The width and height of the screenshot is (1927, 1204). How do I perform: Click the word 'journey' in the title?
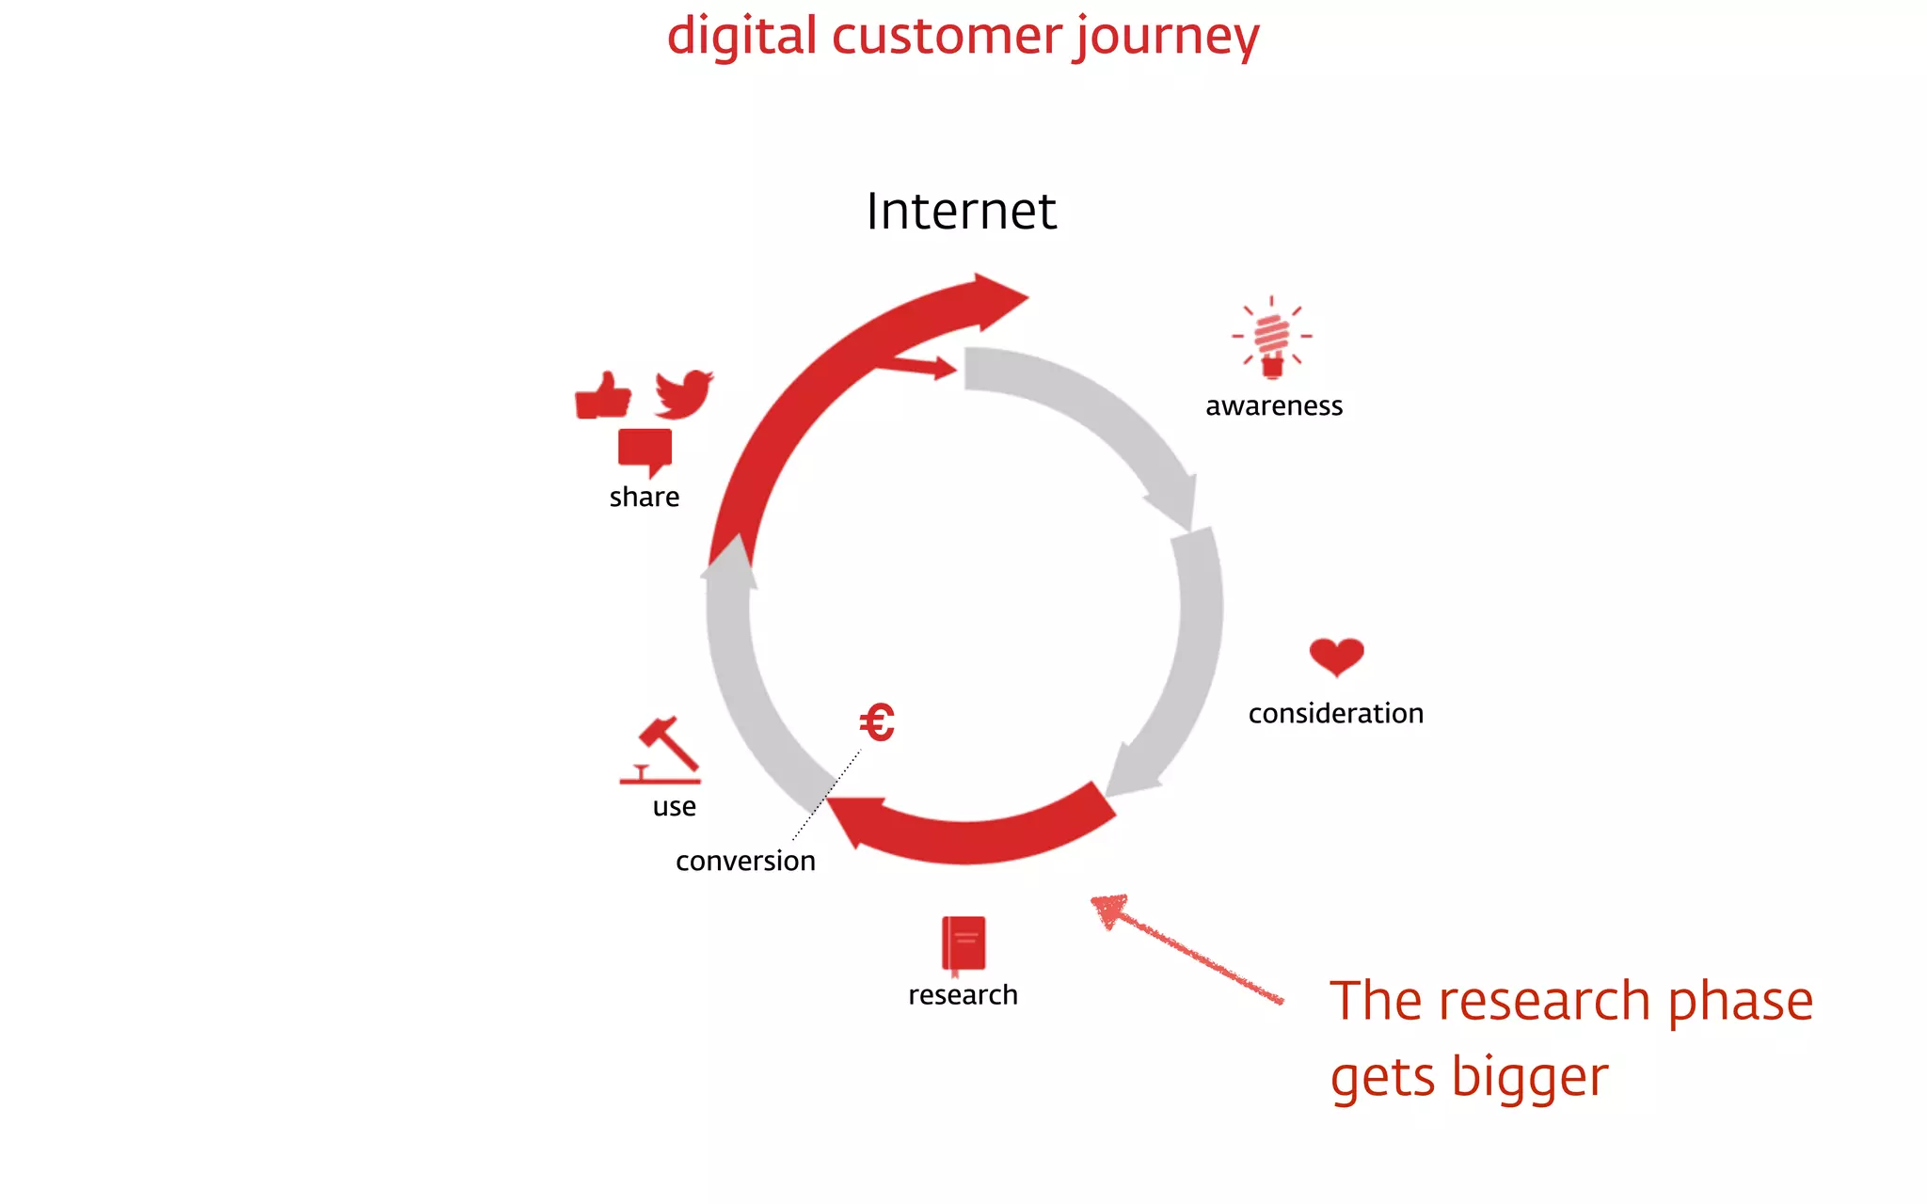tap(1167, 38)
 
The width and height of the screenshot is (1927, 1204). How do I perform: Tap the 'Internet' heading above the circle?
tap(961, 211)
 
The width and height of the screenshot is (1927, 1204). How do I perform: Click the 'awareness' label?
tap(1274, 406)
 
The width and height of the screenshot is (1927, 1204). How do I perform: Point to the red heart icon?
tap(1336, 656)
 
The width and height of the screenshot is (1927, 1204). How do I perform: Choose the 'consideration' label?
tap(1335, 714)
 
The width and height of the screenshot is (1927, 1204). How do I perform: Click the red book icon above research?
tap(963, 943)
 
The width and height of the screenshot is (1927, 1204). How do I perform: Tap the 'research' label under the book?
tap(963, 995)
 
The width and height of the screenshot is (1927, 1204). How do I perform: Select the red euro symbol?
tap(877, 722)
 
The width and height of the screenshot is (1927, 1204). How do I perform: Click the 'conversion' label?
tap(745, 862)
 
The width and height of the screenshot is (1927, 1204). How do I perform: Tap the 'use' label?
tap(674, 807)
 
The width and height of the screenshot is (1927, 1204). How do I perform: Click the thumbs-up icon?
tap(603, 396)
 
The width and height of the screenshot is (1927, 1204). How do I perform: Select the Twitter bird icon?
tap(684, 394)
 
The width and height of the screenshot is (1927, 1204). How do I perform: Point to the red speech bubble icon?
tap(645, 451)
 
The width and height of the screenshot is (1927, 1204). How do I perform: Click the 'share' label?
tap(644, 498)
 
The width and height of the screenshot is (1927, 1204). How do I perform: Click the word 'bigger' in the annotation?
tap(1529, 1078)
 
